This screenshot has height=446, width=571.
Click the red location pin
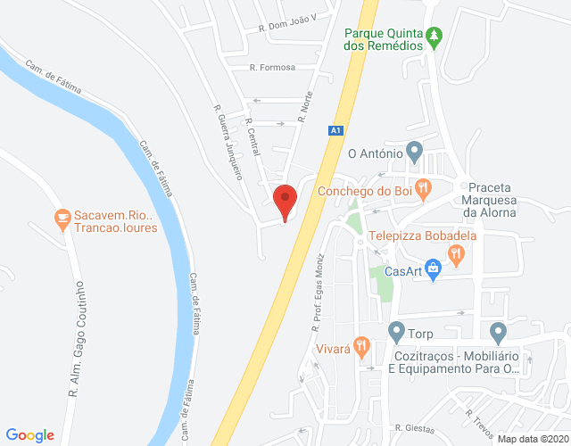285,201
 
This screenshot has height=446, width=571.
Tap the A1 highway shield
335,131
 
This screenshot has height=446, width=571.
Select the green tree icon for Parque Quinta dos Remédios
434,37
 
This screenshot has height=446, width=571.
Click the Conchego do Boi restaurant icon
423,188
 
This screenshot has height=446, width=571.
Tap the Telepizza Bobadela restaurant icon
457,254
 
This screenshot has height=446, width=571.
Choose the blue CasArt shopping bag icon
434,267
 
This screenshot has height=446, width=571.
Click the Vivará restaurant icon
361,345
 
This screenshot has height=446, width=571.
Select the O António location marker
413,151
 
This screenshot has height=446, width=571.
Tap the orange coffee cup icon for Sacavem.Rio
62,218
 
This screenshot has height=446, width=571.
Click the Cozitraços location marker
498,333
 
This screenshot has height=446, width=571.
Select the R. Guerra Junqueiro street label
228,142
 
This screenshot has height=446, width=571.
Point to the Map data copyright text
531,439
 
